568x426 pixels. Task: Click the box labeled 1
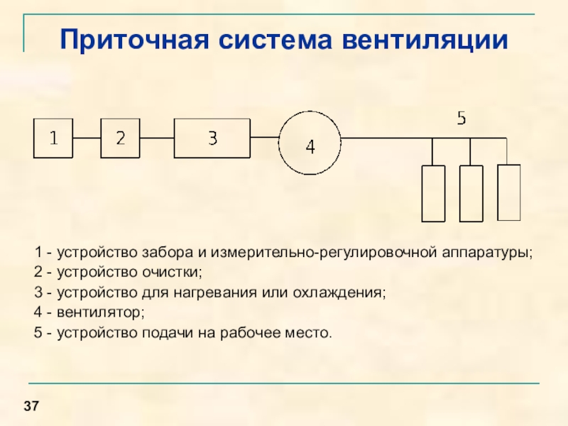click(53, 138)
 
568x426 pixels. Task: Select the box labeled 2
click(121, 138)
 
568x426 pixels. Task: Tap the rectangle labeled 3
click(212, 138)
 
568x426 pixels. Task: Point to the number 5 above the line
click(461, 119)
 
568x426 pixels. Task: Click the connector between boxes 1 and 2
click(87, 138)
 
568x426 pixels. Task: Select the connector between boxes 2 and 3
click(157, 138)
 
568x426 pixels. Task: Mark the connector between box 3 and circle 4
click(264, 138)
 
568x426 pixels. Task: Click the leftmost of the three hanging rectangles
click(433, 193)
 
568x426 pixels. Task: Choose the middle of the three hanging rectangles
click(471, 193)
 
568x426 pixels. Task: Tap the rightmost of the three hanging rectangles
click(509, 192)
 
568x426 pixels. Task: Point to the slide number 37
click(31, 406)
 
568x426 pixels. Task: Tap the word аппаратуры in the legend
click(487, 252)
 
